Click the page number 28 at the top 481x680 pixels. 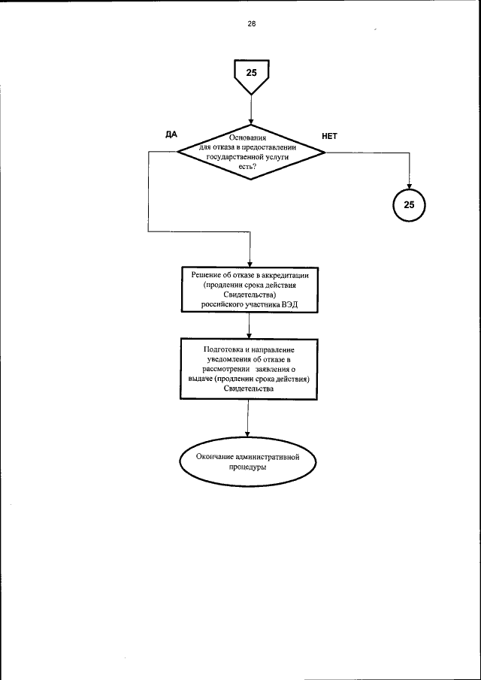[251, 23]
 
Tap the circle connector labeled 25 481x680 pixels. [409, 204]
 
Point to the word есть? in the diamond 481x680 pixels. [249, 168]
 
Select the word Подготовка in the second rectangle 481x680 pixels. [222, 349]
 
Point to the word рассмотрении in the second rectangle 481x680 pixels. [225, 369]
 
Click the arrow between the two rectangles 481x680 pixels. [250, 325]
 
